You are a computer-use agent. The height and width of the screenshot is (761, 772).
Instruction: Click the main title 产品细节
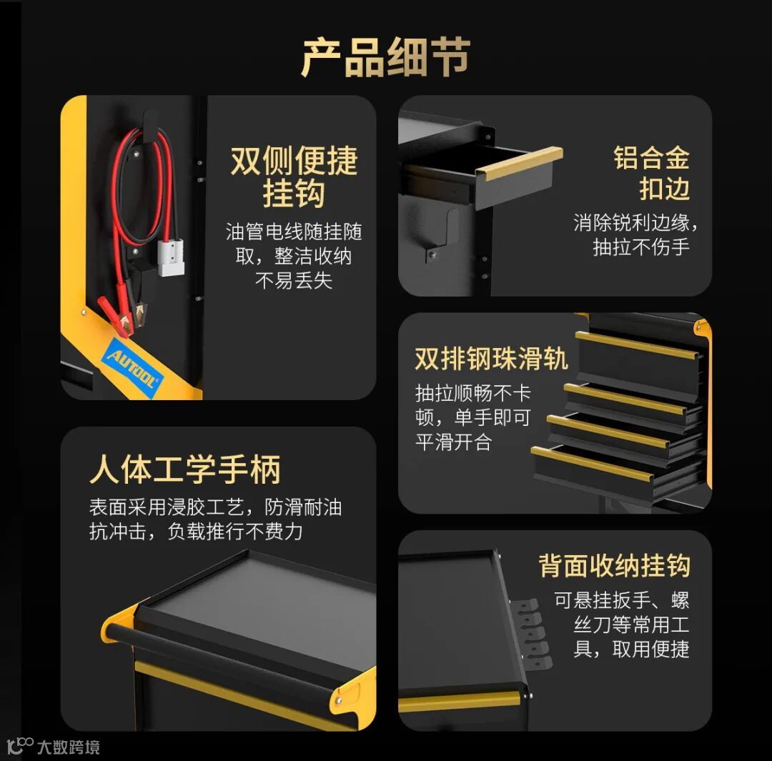tap(385, 57)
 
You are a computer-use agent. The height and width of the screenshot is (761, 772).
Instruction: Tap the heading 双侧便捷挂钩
tap(294, 176)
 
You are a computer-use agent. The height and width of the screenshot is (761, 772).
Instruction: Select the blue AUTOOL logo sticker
tap(132, 368)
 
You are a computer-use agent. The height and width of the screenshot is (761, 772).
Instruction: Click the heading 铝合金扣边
tap(651, 173)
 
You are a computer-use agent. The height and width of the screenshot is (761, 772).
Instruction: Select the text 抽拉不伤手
tap(641, 247)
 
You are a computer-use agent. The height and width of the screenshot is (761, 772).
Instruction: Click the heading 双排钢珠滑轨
tap(491, 359)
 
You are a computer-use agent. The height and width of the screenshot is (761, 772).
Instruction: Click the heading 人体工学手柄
tap(184, 469)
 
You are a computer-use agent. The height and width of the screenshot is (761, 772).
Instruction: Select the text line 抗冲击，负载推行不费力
tap(195, 532)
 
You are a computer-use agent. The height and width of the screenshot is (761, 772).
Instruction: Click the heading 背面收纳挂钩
tap(614, 565)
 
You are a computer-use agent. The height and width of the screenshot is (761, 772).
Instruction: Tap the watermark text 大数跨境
tap(69, 747)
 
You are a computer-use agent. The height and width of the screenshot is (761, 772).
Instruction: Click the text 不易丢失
tap(294, 281)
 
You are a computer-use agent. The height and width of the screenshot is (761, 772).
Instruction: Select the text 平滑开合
tap(453, 442)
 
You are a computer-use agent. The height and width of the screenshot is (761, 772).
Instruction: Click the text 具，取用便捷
tap(631, 650)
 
